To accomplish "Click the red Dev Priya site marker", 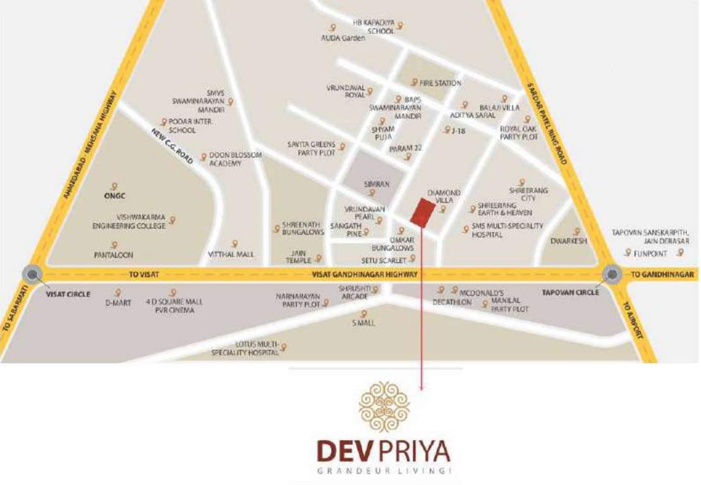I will click(422, 211).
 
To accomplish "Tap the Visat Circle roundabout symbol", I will click(32, 273).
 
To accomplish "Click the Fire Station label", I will click(441, 83).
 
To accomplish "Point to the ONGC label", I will click(114, 196).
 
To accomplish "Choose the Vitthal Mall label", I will click(231, 254).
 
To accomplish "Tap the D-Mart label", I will click(118, 302).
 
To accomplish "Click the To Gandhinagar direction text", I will click(663, 275).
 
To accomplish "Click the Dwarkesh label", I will click(568, 241).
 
